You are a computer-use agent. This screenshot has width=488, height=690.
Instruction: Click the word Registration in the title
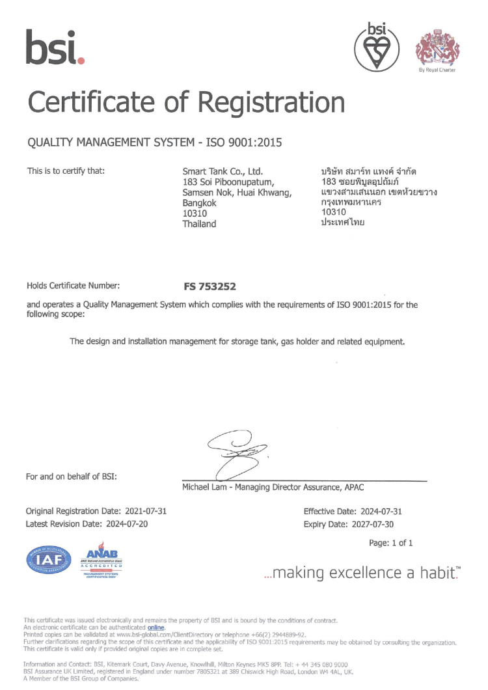point(271,103)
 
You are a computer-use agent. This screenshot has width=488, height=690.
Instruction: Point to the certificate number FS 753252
point(210,286)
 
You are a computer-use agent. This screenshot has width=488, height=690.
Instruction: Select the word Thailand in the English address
point(199,223)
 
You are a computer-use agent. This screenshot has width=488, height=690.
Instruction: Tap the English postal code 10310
point(195,213)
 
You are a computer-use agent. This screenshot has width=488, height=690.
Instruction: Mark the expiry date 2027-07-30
point(370,524)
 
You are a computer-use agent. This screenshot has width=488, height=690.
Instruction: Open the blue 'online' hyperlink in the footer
point(156,627)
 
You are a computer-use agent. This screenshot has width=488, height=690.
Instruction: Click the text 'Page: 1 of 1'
point(390,543)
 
